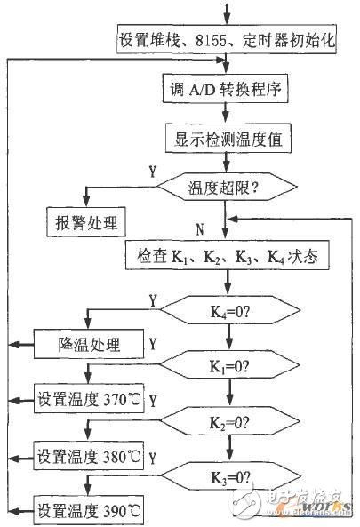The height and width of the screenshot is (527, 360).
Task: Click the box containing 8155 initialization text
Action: point(227,39)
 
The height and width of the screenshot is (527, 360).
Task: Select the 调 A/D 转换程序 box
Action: point(225,88)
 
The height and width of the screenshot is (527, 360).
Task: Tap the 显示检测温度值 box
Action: point(228,138)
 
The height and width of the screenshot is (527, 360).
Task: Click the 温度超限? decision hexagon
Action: point(228,187)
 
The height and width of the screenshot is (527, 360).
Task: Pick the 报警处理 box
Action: point(86,222)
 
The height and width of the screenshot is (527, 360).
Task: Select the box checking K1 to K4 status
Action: point(228,255)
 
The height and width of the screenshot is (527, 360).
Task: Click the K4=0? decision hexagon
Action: point(230,310)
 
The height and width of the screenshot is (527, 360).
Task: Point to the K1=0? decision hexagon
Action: point(230,365)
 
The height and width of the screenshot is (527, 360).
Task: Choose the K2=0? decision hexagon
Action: point(230,421)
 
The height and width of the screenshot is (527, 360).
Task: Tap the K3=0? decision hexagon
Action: point(230,476)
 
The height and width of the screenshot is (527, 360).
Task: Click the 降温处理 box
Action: point(89,344)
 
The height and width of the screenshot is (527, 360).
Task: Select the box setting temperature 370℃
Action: point(89,399)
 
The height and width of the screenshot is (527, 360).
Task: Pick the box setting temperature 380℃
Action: point(88,455)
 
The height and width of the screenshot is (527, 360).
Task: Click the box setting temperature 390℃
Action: point(88,510)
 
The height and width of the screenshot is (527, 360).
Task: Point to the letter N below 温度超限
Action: point(200,230)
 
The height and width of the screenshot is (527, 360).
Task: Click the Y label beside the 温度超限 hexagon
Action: point(153,172)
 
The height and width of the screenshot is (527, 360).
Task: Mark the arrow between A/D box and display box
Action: point(226,113)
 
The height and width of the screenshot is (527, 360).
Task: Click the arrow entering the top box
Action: point(228,13)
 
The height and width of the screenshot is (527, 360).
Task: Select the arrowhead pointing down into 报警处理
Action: point(87,201)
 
